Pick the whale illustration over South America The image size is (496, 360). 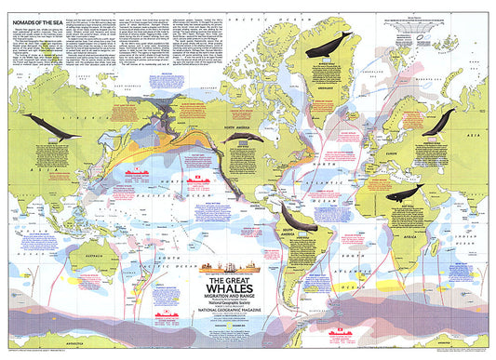point(302,219)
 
